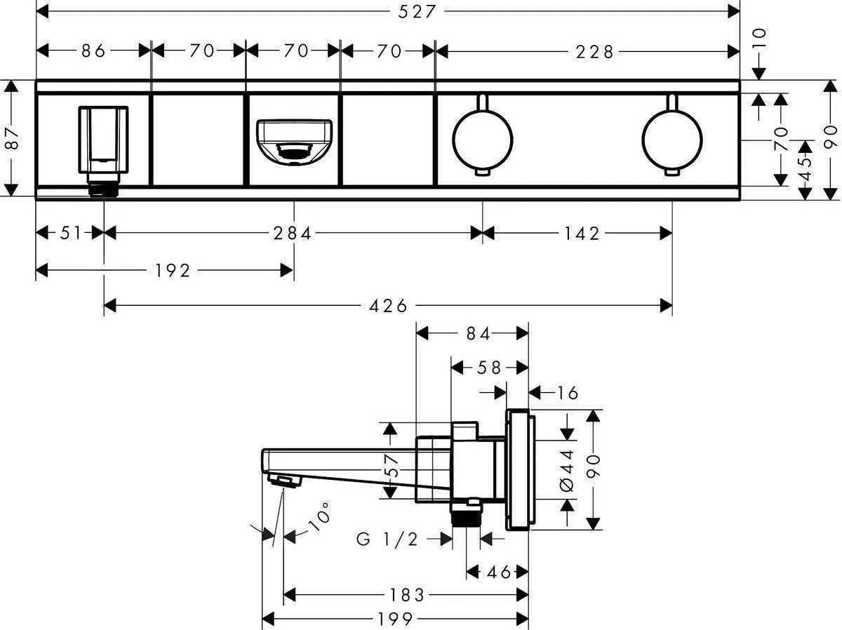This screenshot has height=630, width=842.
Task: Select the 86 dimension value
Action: pyautogui.click(x=93, y=51)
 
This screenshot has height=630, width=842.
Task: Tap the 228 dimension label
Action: pyautogui.click(x=594, y=51)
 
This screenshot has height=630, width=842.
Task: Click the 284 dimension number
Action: pyautogui.click(x=293, y=233)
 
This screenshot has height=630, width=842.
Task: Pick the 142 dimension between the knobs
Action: pyautogui.click(x=581, y=233)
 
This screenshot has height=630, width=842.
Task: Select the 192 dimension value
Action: pyautogui.click(x=172, y=270)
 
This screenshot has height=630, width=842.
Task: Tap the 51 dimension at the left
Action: pyautogui.click(x=71, y=233)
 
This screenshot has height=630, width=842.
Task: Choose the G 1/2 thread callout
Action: pyautogui.click(x=387, y=539)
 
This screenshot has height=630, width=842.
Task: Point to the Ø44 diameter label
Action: pyautogui.click(x=567, y=466)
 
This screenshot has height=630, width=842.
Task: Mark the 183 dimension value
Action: pyautogui.click(x=406, y=596)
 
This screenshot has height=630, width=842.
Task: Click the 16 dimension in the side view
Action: pyautogui.click(x=568, y=392)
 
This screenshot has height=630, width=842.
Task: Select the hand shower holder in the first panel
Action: pyautogui.click(x=103, y=140)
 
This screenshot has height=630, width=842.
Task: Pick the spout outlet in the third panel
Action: pyautogui.click(x=293, y=140)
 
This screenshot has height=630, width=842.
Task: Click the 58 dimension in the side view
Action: pyautogui.click(x=488, y=367)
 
